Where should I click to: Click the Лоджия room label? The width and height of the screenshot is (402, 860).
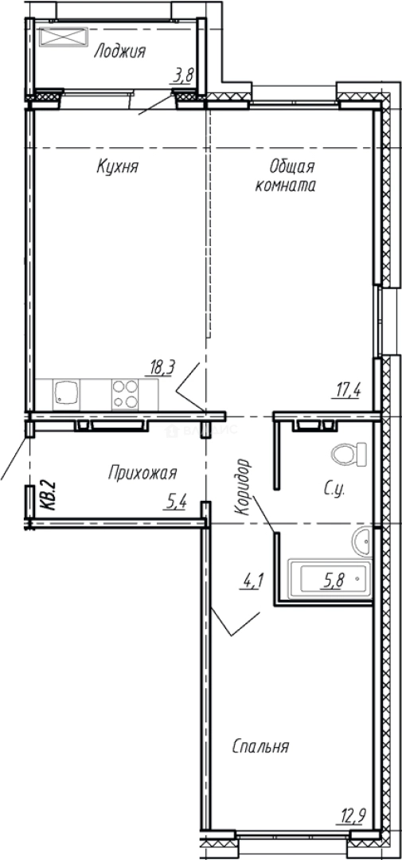click(x=119, y=53)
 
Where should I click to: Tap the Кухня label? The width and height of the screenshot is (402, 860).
click(x=118, y=167)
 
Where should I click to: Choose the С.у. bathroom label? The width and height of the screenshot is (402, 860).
click(x=333, y=489)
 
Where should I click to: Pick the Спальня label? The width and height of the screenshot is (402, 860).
click(x=260, y=747)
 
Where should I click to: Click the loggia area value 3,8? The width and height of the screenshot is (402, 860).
click(x=184, y=76)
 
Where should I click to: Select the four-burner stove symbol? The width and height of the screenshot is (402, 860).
click(x=124, y=393)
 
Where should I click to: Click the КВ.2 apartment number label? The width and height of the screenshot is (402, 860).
click(x=47, y=494)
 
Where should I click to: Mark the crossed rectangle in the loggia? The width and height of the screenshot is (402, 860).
click(x=61, y=37)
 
